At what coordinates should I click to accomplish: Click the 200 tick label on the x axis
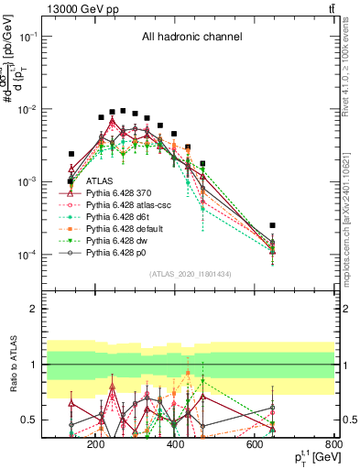click(x=95, y=445)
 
